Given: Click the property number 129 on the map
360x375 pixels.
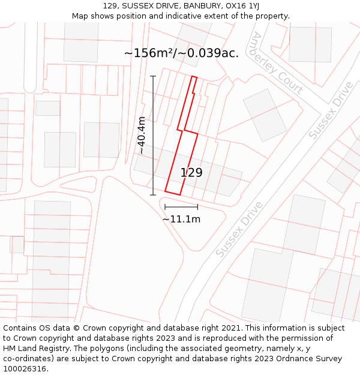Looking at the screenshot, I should coord(191,173).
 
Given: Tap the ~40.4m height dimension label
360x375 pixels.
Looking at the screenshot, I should coord(142,135).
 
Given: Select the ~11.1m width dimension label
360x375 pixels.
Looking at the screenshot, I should coord(181,220).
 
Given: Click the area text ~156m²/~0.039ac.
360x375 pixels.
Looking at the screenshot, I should coord(181,53).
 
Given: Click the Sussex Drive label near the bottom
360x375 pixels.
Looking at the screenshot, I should coord(239,230).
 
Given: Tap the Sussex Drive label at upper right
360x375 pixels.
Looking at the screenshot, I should coord(331,110).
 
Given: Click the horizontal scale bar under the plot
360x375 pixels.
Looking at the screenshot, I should coord(181,207).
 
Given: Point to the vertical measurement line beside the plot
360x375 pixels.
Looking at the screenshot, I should coord(153,135).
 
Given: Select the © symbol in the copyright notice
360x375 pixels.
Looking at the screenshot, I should coord(76,328).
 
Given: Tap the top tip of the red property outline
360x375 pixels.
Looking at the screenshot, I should coord(194,77).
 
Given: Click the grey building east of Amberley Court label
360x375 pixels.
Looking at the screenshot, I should coord(310,44).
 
